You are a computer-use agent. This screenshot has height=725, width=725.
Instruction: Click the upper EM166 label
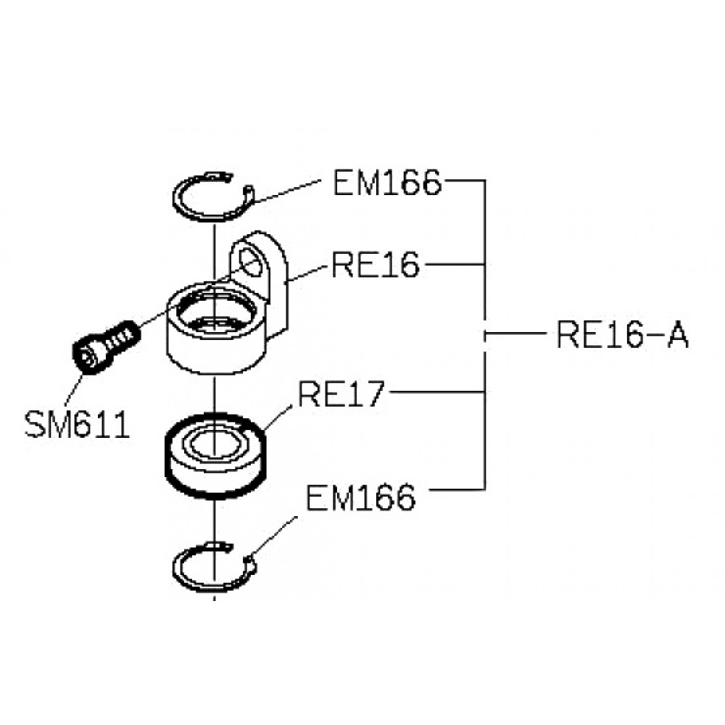387,183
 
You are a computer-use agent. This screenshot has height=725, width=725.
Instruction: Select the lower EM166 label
360,497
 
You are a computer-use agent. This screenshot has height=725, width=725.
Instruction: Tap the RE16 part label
376,265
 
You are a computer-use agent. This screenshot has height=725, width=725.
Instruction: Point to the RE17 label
341,394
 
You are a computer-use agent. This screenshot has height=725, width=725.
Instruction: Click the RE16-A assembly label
622,334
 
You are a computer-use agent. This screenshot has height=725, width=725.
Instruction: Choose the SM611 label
77,425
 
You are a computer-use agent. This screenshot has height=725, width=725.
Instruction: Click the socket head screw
105,346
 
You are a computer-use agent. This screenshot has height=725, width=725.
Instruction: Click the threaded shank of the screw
121,336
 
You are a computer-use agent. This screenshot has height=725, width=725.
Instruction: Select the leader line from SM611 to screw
75,391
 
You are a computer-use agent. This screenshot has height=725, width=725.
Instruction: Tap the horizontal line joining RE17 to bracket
437,392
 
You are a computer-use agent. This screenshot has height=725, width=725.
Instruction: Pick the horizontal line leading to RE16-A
515,333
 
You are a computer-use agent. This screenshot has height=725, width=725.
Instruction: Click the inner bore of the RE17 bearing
214,445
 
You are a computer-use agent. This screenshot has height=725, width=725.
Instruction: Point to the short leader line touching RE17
278,418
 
